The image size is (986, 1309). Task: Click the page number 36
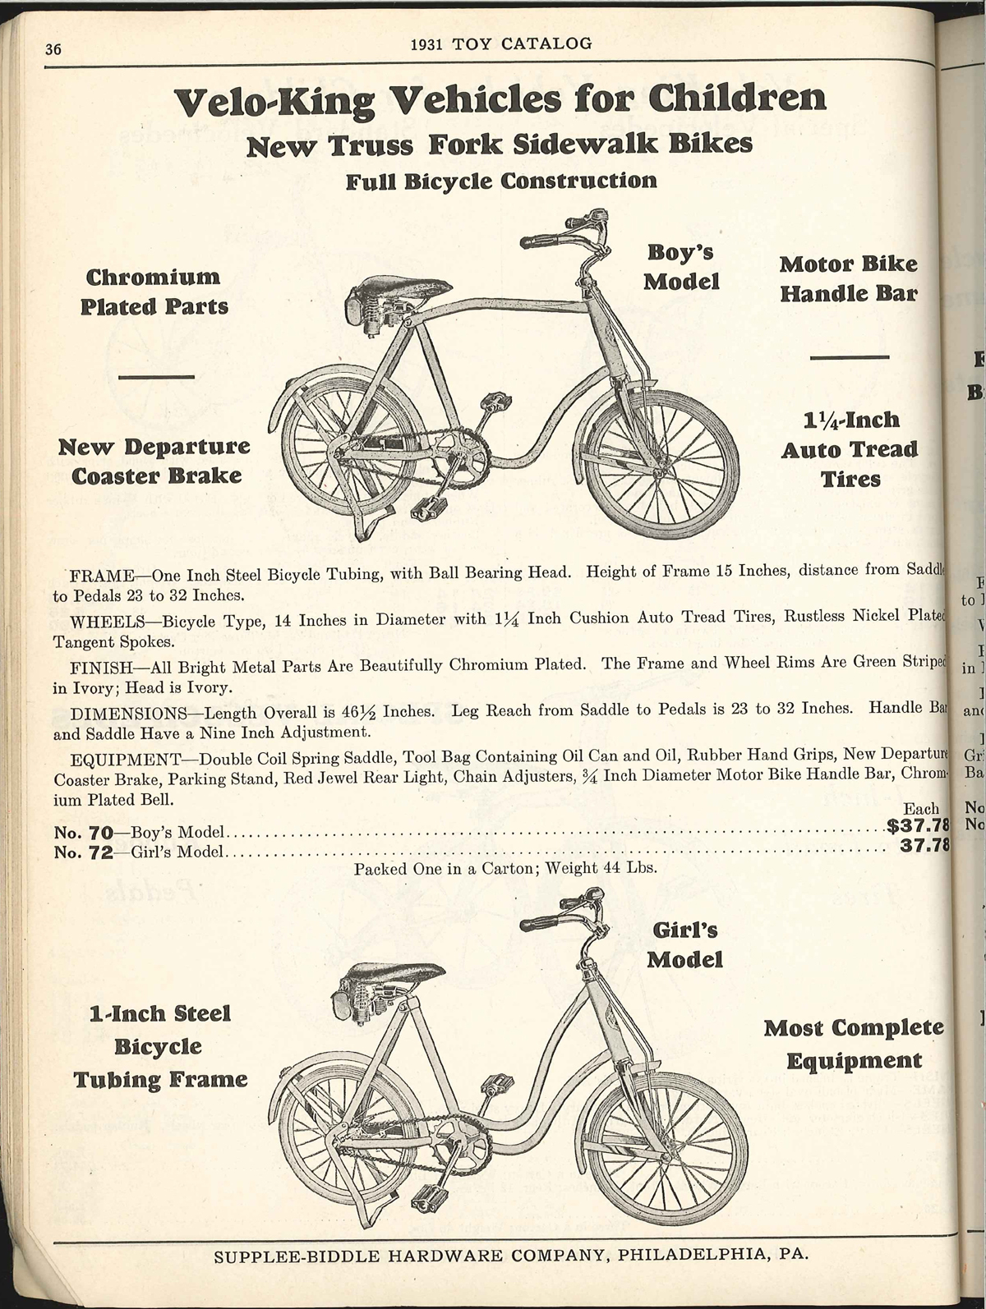[x=53, y=48]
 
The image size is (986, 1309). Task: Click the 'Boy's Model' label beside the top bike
[x=681, y=267]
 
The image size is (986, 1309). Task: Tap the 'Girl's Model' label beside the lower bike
[x=684, y=944]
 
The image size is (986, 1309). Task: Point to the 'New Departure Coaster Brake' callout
[x=154, y=461]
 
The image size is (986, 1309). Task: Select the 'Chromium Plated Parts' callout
[x=154, y=292]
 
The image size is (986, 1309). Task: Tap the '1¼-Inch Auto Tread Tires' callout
[x=850, y=449]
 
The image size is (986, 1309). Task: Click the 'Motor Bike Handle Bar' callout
[x=848, y=278]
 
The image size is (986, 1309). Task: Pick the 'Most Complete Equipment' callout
[x=853, y=1043]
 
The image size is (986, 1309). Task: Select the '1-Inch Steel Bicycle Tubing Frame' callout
[x=161, y=1045]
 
